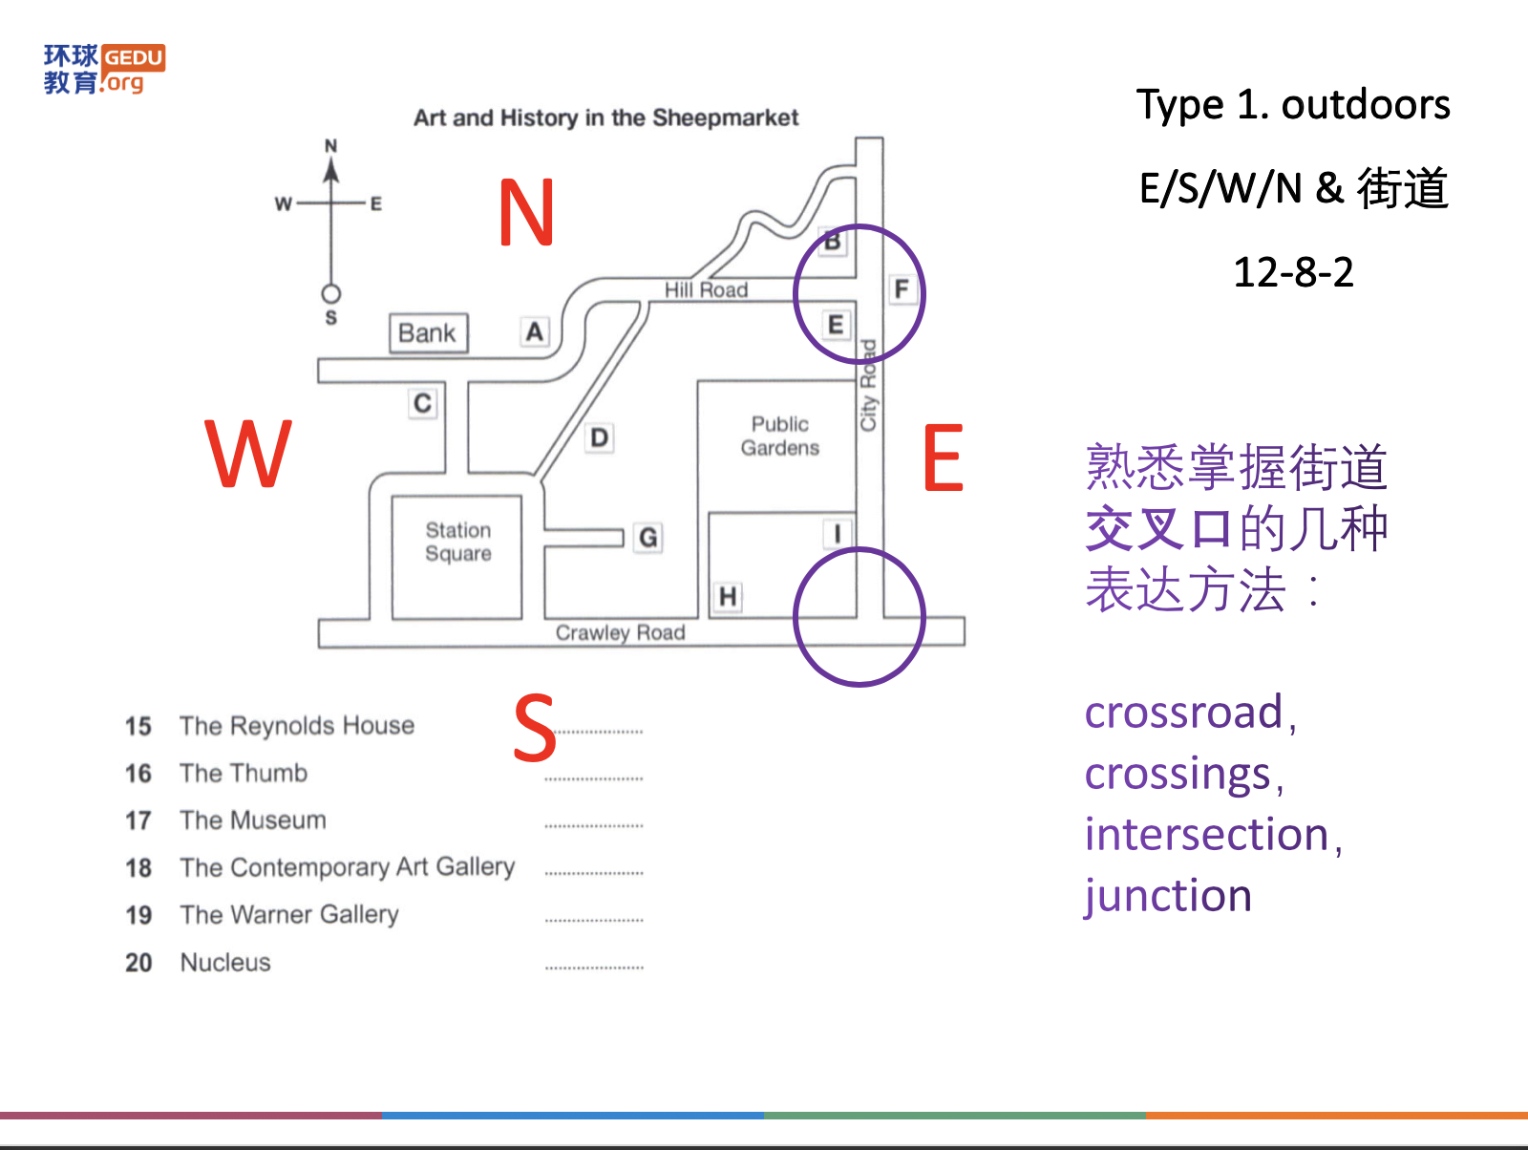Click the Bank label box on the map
428,333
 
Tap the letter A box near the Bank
535,331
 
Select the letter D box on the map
599,438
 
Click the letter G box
647,538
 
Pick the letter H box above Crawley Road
728,597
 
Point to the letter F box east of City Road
901,288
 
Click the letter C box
422,403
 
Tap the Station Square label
458,542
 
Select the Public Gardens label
779,436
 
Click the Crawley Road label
620,632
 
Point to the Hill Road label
706,289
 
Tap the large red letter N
526,212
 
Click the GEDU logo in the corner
104,69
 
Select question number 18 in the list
138,867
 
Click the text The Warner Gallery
289,914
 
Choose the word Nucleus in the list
225,962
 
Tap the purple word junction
1167,896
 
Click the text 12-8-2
1293,272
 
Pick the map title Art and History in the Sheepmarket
605,117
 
